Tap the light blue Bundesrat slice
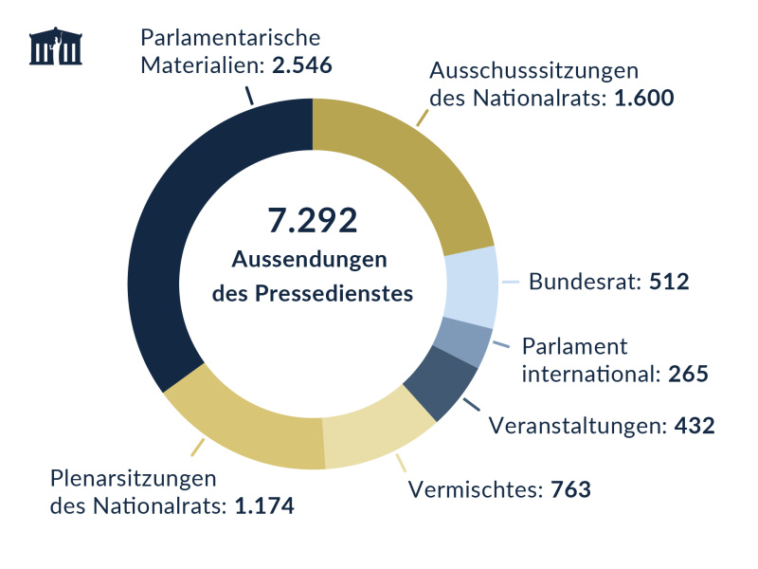pyautogui.click(x=471, y=284)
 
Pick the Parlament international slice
pyautogui.click(x=464, y=341)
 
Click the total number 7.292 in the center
pyautogui.click(x=312, y=220)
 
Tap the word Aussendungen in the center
pyautogui.click(x=312, y=259)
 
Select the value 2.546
pyautogui.click(x=301, y=66)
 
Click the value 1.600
pyautogui.click(x=643, y=99)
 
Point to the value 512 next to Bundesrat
pyautogui.click(x=668, y=282)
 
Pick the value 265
pyautogui.click(x=688, y=374)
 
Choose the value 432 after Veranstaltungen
pyautogui.click(x=693, y=426)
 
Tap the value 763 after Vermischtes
pyautogui.click(x=570, y=489)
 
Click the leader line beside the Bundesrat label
pyautogui.click(x=511, y=282)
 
